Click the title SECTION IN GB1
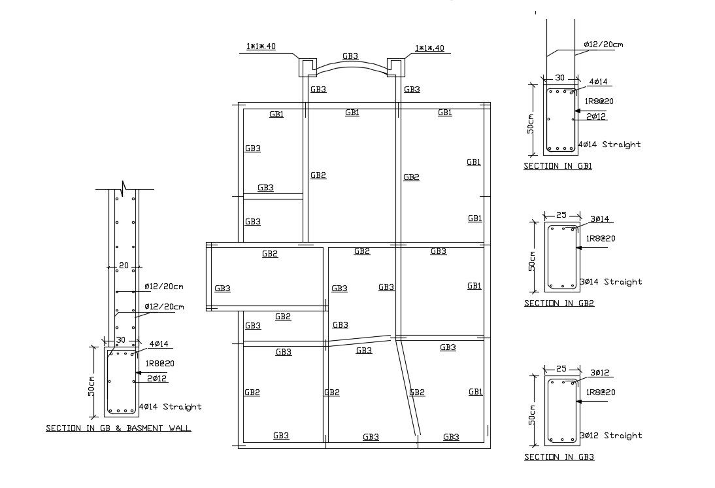[x=557, y=166]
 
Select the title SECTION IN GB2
[x=559, y=304]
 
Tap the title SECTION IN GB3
[x=559, y=457]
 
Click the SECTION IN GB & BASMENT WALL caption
[x=118, y=428]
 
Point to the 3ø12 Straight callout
[x=610, y=436]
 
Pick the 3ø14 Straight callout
[x=610, y=282]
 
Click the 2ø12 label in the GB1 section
[x=596, y=116]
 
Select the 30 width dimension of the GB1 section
[x=559, y=78]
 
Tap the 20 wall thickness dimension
[x=122, y=266]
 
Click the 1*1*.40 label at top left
[x=261, y=47]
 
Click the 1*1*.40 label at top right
[x=429, y=48]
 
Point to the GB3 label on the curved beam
[x=350, y=56]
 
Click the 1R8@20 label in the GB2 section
[x=600, y=239]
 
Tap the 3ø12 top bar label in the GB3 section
[x=599, y=373]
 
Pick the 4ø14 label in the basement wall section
[x=159, y=343]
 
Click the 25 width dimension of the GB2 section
[x=561, y=215]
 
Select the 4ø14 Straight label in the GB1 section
[x=609, y=145]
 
